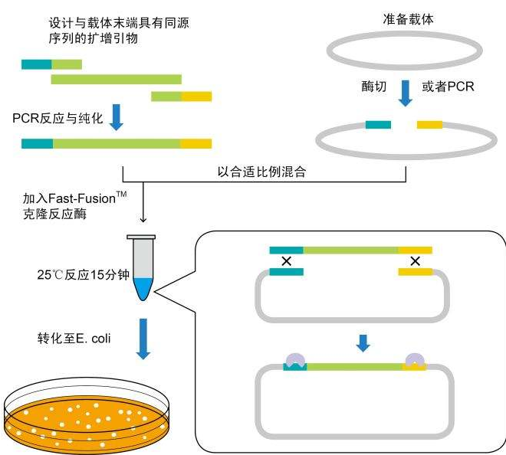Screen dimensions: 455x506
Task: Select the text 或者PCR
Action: (x=449, y=87)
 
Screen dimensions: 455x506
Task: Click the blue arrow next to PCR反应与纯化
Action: (x=117, y=117)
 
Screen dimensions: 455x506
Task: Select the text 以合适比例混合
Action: (x=262, y=172)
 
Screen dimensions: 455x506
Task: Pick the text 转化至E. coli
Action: (x=67, y=342)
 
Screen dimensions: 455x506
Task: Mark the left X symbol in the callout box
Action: (x=286, y=261)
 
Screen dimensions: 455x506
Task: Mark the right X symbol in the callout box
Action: (x=415, y=261)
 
